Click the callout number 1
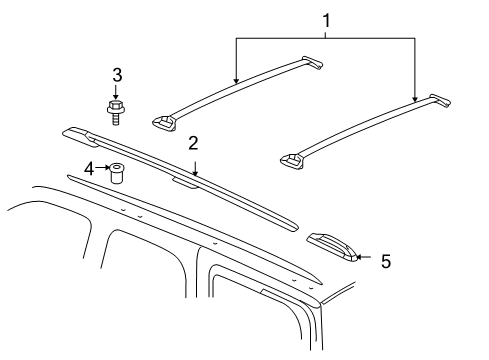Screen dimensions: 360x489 tap(324, 19)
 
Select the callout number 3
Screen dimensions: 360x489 tap(117, 74)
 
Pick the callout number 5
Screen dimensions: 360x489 tap(385, 261)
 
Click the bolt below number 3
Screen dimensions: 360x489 tap(117, 110)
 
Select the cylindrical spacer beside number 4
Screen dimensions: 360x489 tap(119, 173)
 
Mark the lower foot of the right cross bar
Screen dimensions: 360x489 tap(293, 160)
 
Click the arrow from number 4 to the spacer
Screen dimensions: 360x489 tap(102, 168)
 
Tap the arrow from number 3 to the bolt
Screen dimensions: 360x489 tap(117, 90)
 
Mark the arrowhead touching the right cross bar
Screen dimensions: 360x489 tap(414, 102)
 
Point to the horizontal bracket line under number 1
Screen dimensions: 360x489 tap(324, 38)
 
